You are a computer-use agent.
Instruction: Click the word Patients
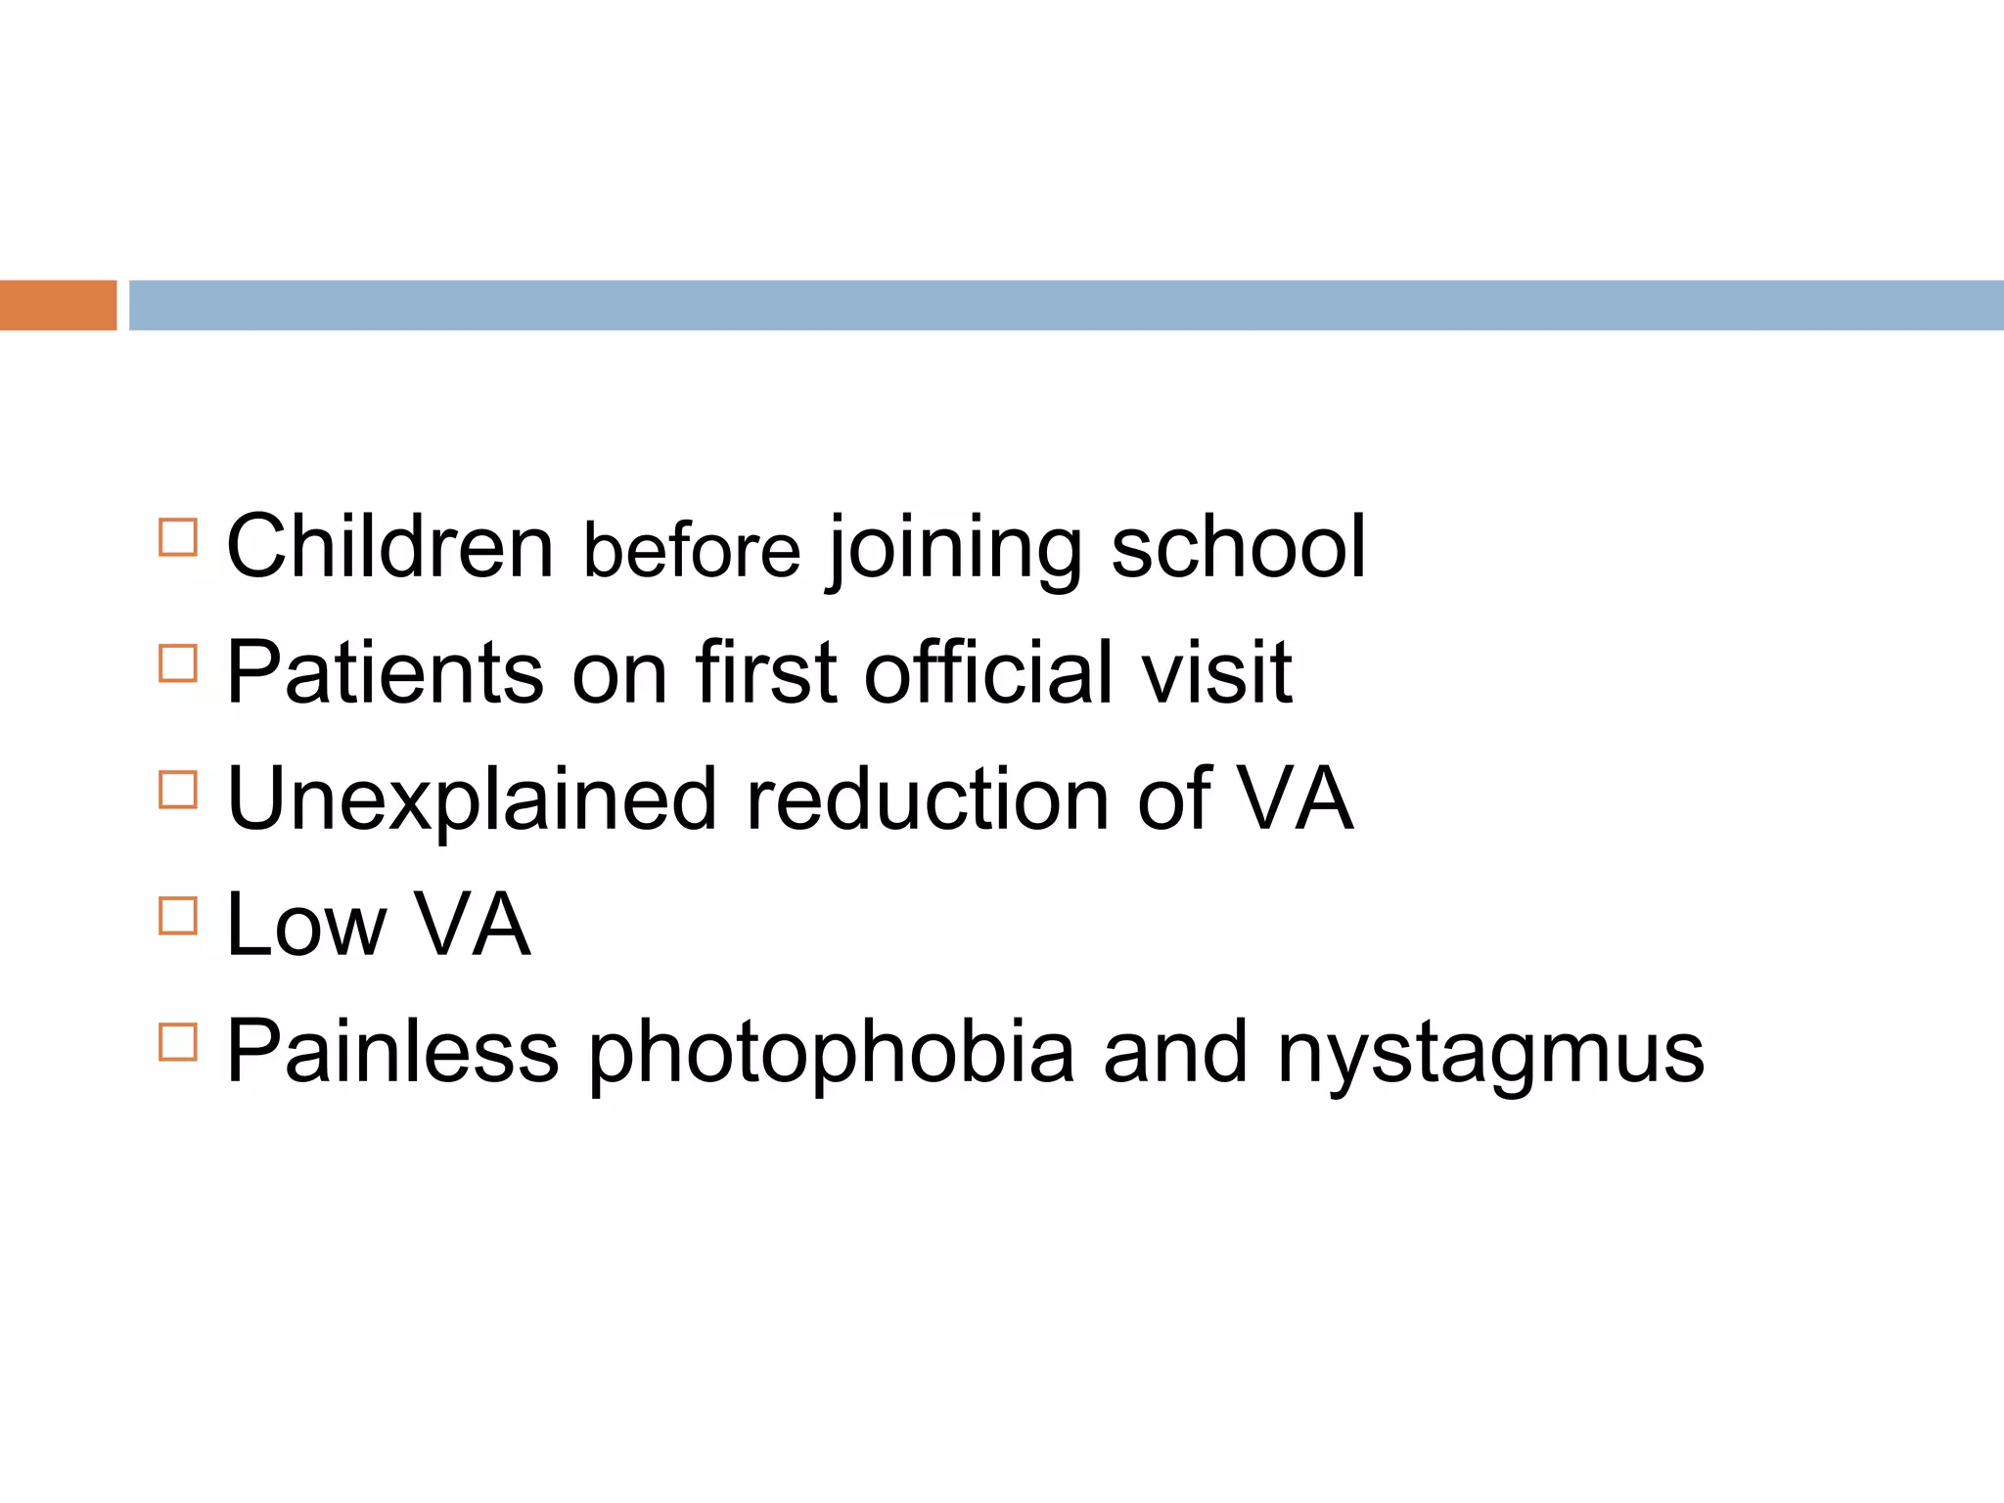pos(385,672)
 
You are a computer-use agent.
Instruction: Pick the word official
pos(988,672)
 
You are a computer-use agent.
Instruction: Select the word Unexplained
pos(472,800)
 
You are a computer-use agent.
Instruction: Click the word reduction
pos(928,798)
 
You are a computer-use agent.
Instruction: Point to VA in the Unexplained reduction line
pos(1295,798)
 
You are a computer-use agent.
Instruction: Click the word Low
pos(306,925)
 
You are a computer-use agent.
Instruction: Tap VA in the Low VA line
pos(473,925)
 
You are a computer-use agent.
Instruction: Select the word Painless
pos(392,1051)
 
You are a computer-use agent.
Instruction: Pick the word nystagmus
pos(1490,1055)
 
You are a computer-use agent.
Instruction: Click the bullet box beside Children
pos(178,537)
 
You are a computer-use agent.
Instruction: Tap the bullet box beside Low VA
pos(178,916)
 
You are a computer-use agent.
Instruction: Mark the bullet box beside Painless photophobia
pos(178,1042)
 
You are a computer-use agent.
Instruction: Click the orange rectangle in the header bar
pos(58,305)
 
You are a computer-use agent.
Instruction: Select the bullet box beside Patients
pos(178,663)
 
